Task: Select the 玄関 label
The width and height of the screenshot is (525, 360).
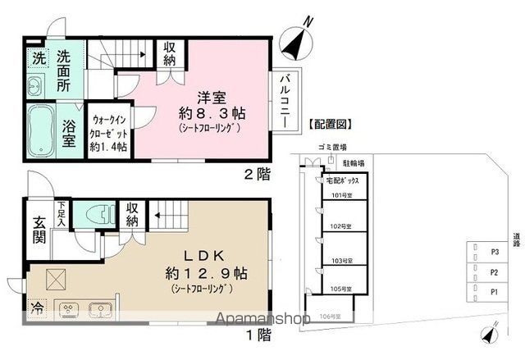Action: pos(39,231)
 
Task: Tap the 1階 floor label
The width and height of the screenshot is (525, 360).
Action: pos(258,334)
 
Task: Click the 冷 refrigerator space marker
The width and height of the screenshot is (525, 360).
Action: pos(38,310)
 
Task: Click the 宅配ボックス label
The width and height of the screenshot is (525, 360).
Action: pos(345,180)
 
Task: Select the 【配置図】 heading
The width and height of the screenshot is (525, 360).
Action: pos(329,125)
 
